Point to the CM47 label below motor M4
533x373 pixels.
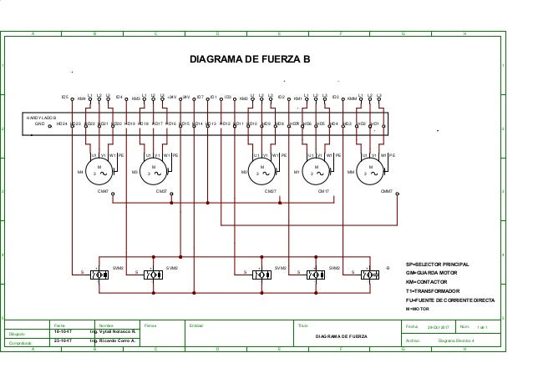click(105, 191)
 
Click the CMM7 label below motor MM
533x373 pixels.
click(387, 191)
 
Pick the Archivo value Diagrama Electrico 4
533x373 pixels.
click(456, 340)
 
